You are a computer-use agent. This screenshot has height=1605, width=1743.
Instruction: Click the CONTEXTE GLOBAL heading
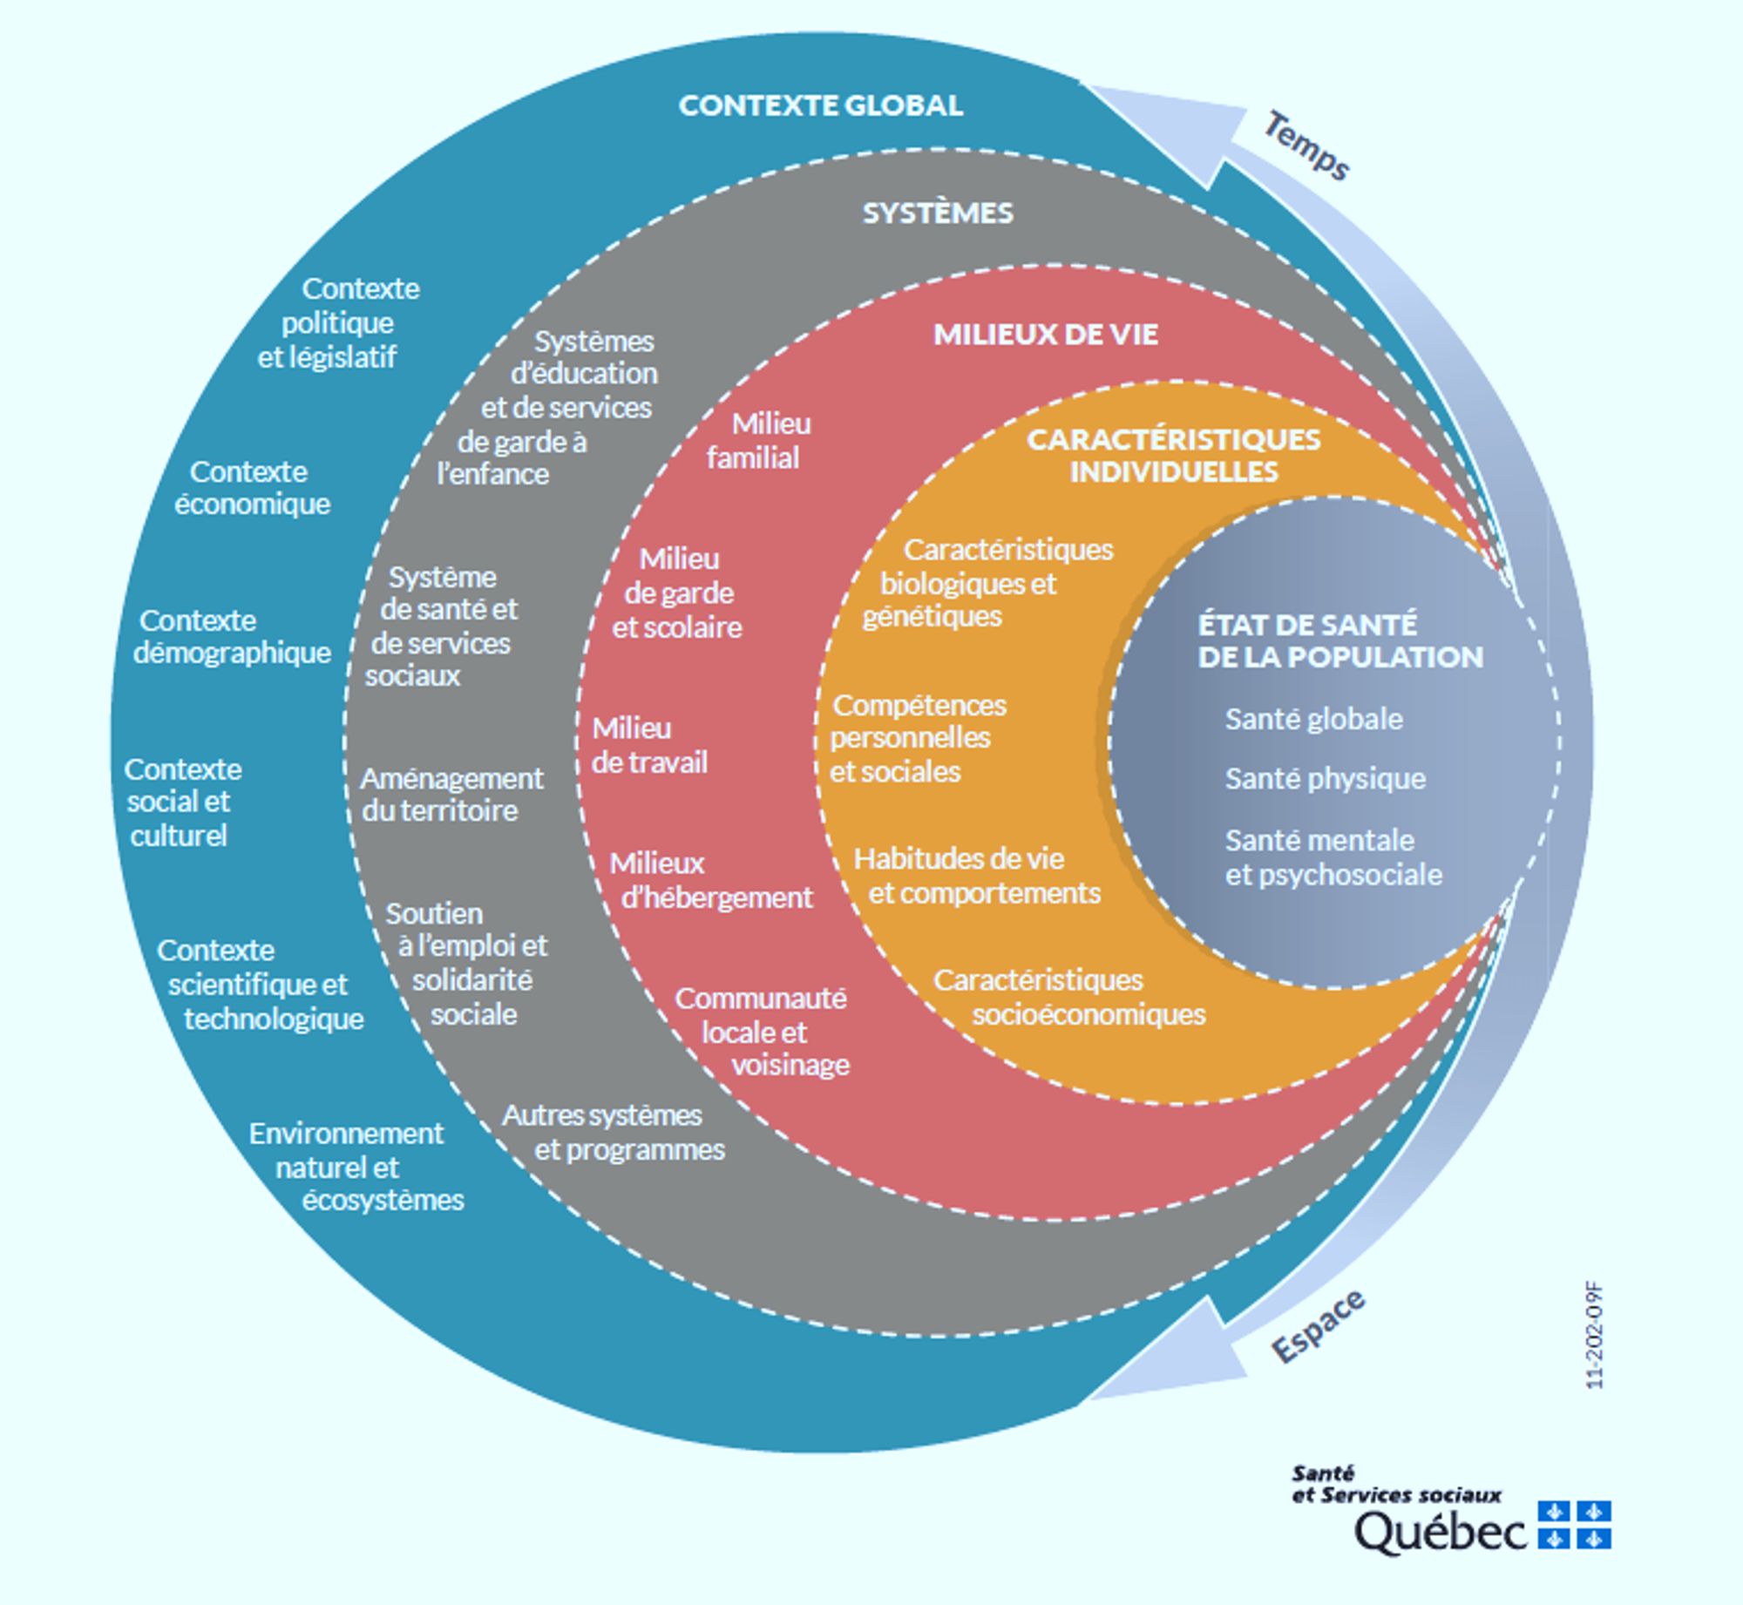(x=820, y=105)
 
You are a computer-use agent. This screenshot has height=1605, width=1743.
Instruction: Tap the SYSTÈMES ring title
(x=938, y=213)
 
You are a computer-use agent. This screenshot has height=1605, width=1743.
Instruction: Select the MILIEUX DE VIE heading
(x=1045, y=335)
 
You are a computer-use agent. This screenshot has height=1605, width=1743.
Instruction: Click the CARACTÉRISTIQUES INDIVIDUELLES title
(x=1173, y=455)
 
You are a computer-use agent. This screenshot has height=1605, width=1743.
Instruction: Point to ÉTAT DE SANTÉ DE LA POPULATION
(x=1339, y=640)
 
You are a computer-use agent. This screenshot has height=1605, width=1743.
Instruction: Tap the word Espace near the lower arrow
(x=1318, y=1326)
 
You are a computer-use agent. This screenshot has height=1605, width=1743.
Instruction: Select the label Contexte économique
(x=252, y=488)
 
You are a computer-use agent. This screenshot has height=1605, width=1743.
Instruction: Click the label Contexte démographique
(x=232, y=637)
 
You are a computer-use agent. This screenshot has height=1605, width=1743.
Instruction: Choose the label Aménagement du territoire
(x=451, y=794)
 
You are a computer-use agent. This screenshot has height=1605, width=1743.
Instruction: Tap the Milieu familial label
(x=758, y=441)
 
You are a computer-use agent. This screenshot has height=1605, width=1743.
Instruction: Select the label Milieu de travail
(x=649, y=745)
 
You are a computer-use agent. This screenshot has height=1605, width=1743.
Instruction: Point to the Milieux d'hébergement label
(x=710, y=880)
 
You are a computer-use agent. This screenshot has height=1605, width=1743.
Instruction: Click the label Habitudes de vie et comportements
(x=976, y=876)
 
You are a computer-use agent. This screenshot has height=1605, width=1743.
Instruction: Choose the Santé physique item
(x=1325, y=778)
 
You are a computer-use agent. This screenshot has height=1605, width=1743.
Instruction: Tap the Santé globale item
(x=1313, y=719)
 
